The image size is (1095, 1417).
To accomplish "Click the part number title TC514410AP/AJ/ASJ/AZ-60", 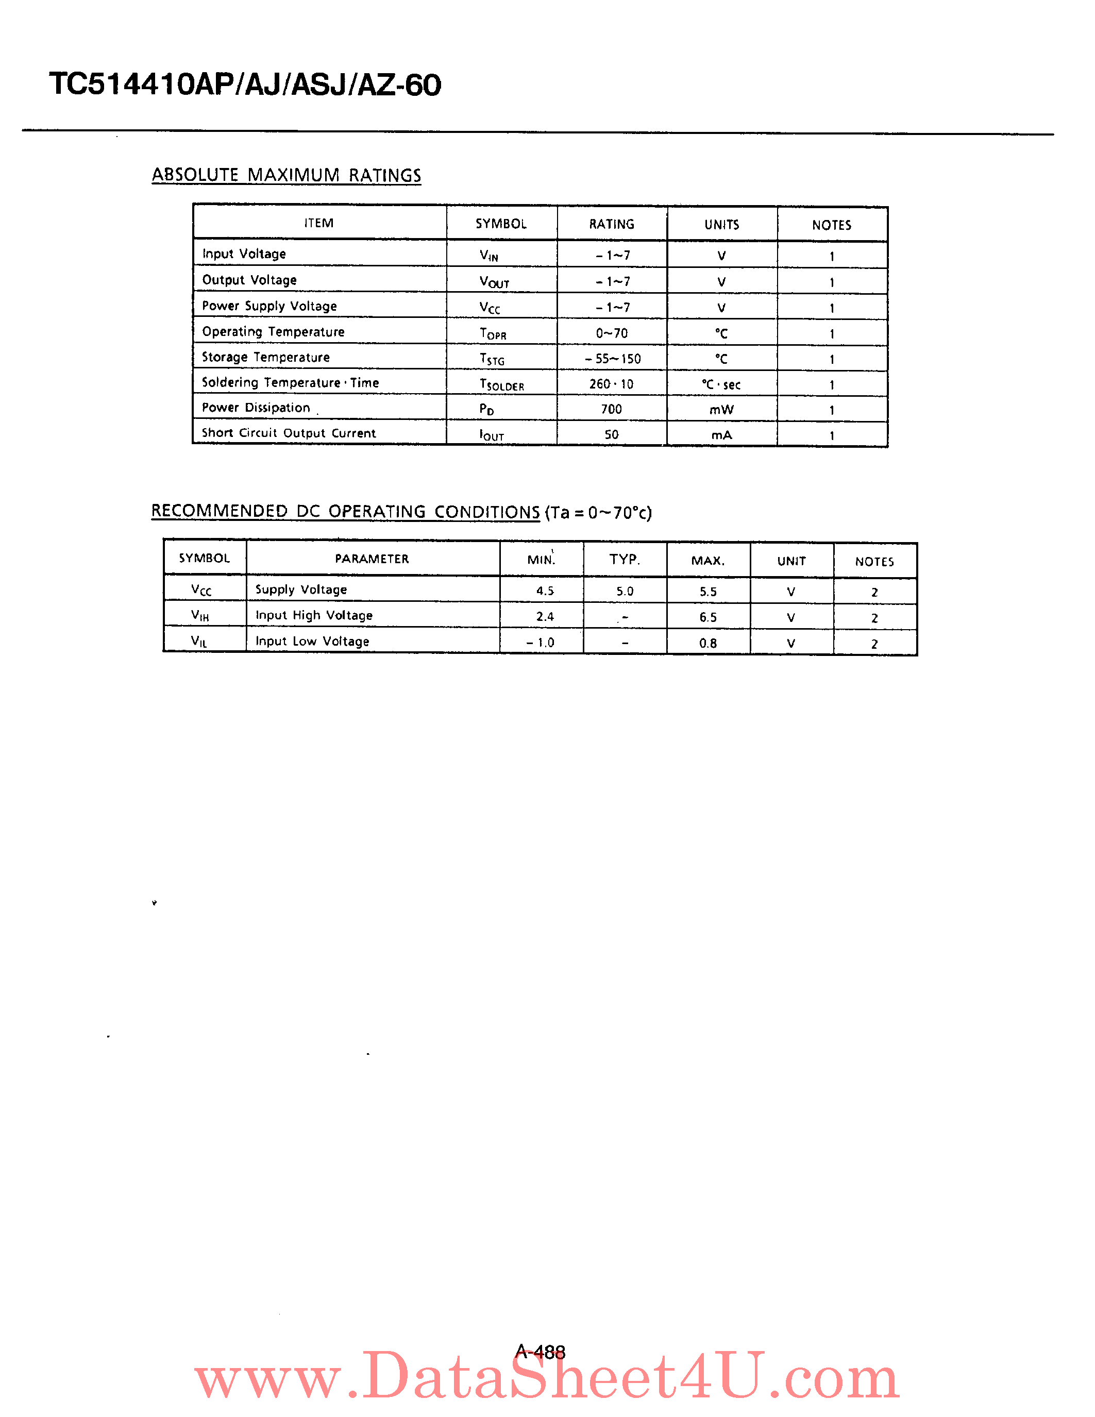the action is [x=245, y=85].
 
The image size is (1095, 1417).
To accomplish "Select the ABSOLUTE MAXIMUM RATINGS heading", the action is [x=286, y=175].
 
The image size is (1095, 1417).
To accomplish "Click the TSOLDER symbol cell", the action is [x=501, y=384].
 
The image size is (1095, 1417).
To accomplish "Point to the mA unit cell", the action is [x=721, y=435].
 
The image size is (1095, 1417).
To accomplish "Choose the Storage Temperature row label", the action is [x=265, y=358].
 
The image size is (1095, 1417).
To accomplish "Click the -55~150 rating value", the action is [x=612, y=359].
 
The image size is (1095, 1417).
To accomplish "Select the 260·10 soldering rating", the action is [x=611, y=384].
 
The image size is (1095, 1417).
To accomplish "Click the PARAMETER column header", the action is [x=372, y=559].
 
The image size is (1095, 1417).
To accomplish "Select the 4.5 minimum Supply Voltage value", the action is [x=545, y=591].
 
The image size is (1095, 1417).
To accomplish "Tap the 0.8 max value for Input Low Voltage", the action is [x=707, y=644].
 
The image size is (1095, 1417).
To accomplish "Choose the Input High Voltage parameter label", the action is [x=314, y=616].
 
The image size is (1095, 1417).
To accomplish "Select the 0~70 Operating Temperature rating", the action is [x=612, y=333].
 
